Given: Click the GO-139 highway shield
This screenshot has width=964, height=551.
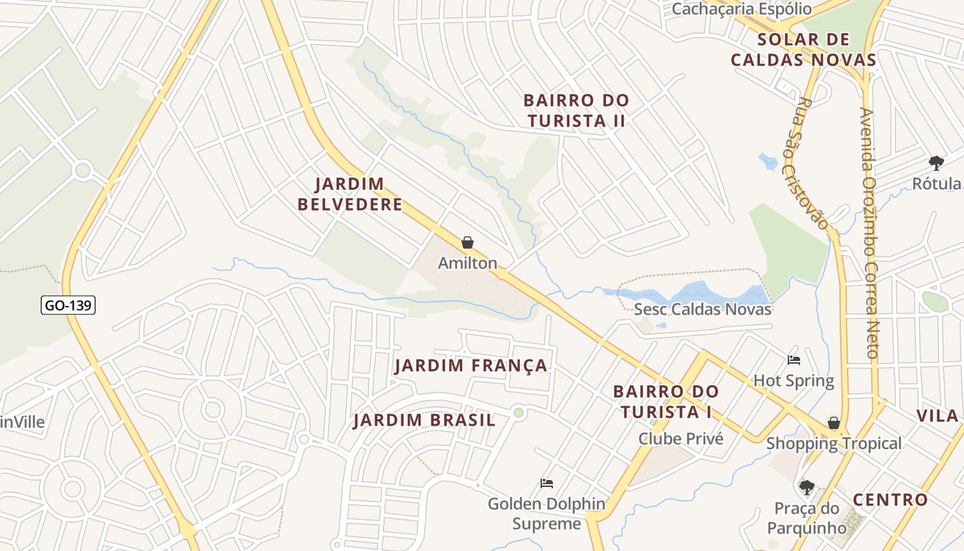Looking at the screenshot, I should coord(67,304).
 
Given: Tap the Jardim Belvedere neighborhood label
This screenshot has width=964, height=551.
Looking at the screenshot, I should coord(359,194).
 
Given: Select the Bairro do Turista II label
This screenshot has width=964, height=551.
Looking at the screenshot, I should coord(576,110).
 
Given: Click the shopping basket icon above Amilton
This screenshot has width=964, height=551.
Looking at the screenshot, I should coord(468,242).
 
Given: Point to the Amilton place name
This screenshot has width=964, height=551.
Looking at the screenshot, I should coord(468,263).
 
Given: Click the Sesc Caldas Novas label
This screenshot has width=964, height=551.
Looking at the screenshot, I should coord(702,309).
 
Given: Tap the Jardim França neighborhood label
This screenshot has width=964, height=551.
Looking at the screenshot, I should coord(471,366).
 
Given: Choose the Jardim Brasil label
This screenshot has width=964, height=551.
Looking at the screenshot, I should coord(424,420).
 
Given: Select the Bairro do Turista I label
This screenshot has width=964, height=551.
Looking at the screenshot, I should coord(666,402).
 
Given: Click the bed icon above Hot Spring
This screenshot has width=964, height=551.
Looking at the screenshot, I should coord(794,360).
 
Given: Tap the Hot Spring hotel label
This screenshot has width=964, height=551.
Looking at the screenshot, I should coord(793,380).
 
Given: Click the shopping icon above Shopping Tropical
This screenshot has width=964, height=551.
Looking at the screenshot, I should coord(834,423).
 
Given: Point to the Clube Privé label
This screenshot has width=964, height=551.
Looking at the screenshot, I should coord(680,439).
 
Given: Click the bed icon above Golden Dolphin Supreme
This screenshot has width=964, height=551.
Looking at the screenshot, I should coord(547,483).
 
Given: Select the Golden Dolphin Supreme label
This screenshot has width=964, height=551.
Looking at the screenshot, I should coord(547,514).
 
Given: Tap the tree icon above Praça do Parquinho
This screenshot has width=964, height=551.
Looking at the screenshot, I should coord(806,488).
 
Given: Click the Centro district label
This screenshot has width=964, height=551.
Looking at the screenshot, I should coord(890,500).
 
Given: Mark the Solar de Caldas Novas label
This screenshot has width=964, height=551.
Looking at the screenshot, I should coord(803,50).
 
